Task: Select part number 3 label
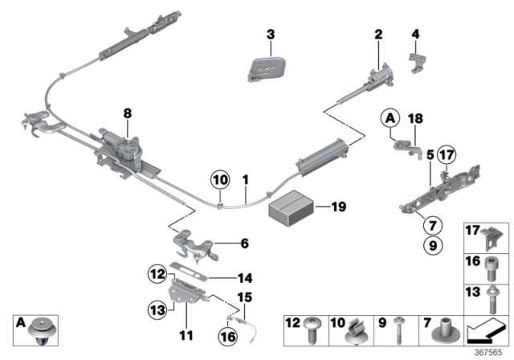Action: point(271,34)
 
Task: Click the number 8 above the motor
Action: point(127,114)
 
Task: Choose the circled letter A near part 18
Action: point(390,120)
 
